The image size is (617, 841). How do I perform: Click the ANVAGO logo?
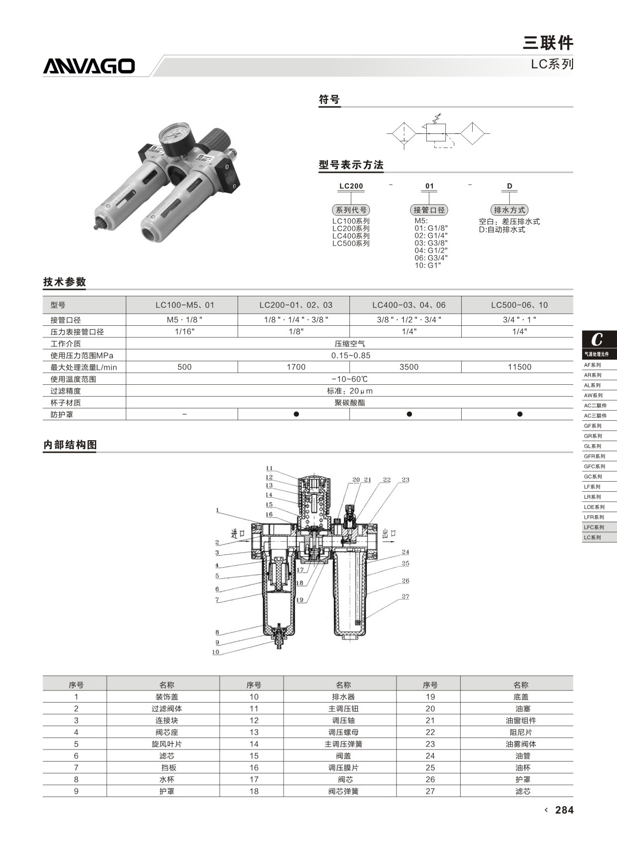89,65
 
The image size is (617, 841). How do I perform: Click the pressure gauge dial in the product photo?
174,134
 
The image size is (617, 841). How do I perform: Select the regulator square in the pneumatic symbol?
436,133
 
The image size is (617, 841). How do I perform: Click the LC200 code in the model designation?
351,186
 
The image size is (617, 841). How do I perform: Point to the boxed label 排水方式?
509,210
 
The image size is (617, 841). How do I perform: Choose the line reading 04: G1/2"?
431,250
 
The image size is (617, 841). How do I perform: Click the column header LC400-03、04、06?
409,305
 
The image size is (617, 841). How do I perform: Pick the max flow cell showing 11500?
520,367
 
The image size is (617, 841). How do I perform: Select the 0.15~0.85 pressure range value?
351,355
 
